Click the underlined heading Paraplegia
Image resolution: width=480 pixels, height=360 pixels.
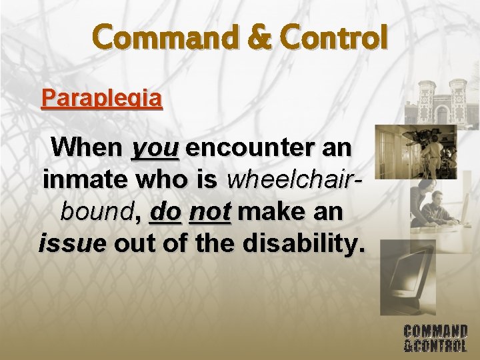click(x=101, y=99)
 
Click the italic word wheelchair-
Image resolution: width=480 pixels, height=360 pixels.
click(x=295, y=179)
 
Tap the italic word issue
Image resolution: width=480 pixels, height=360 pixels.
click(x=72, y=243)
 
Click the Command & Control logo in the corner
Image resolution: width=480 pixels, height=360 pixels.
click(x=435, y=338)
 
